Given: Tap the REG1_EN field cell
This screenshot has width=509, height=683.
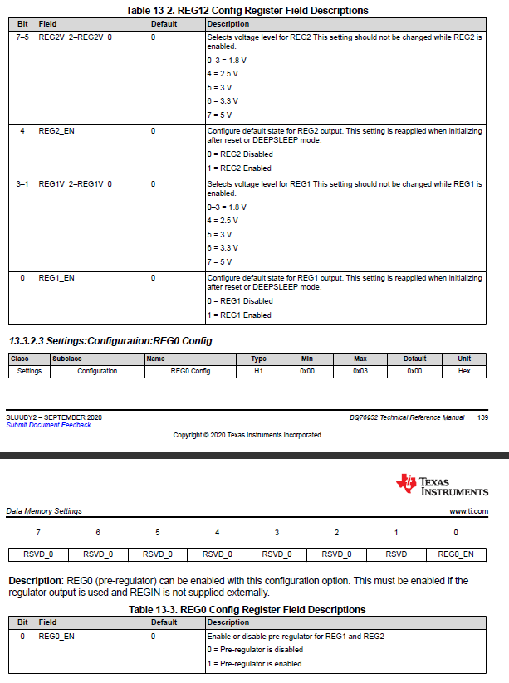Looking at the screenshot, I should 56,278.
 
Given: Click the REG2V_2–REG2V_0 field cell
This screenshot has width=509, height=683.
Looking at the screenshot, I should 75,38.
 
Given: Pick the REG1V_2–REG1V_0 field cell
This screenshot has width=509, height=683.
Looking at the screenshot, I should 75,183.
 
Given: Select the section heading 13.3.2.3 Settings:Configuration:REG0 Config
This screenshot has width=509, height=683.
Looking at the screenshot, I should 110,341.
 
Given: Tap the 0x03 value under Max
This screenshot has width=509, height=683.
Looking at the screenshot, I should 360,371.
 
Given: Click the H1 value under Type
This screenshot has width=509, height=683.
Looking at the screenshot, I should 258,371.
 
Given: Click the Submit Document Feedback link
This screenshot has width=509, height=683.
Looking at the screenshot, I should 48,425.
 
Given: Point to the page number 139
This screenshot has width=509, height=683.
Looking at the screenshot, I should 482,417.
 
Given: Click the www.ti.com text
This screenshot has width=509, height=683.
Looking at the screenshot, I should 468,511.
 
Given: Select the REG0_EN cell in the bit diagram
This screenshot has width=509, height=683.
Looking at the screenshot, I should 456,554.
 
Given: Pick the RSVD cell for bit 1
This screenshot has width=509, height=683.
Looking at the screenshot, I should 396,554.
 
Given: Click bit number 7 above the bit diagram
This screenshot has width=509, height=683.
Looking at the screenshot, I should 37,532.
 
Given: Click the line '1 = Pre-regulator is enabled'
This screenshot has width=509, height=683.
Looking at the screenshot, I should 254,663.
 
